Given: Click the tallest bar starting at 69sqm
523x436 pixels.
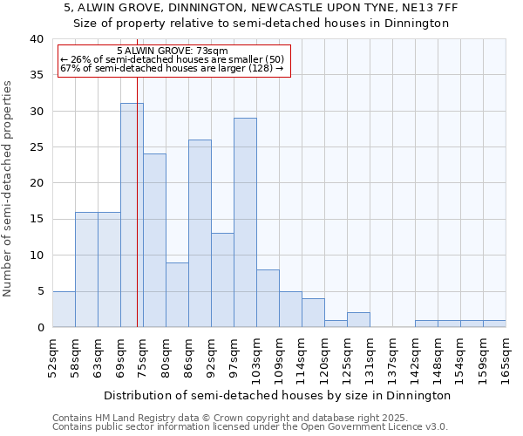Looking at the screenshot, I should click(132, 215).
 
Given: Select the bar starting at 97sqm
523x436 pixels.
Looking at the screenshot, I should click(245, 222).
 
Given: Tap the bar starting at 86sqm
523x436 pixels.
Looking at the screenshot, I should click(200, 233).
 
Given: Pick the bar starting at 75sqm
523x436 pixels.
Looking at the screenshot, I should click(154, 240).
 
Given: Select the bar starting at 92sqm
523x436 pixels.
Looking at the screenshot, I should click(222, 280).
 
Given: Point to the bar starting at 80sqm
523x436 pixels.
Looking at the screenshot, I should click(177, 294).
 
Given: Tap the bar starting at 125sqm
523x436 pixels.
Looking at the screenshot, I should click(358, 319).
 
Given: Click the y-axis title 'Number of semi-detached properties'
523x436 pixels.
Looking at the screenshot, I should click(9, 188).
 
